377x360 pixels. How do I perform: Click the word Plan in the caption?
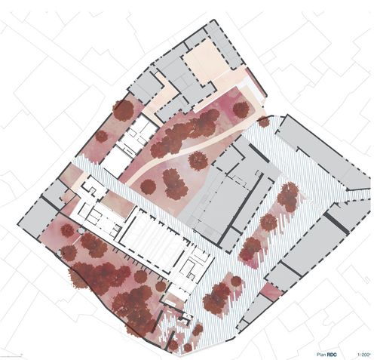tap(321, 355)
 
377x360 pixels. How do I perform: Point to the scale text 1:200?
tap(363, 355)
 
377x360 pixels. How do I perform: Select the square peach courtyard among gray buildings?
tap(202, 61)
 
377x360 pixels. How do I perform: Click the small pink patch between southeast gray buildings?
tap(271, 291)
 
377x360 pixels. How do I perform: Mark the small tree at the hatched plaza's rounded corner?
tap(264, 122)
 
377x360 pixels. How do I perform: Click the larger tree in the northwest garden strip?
tap(123, 110)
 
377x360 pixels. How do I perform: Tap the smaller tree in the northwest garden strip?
tap(102, 136)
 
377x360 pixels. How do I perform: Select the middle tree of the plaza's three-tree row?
tap(268, 222)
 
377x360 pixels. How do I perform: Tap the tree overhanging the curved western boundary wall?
tap(78, 278)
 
